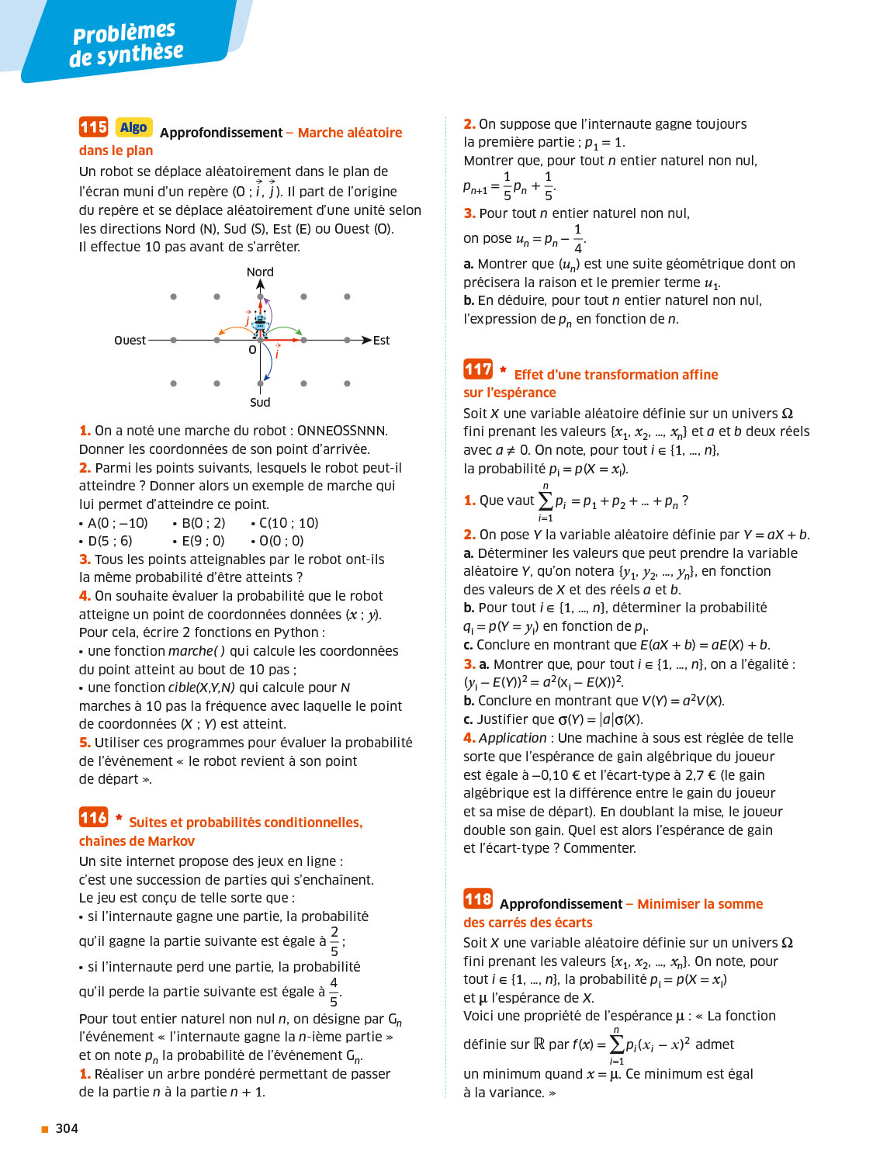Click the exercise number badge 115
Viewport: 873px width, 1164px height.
[x=93, y=126]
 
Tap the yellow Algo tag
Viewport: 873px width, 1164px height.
[x=133, y=127]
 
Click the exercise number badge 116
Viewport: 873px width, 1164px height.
[x=93, y=817]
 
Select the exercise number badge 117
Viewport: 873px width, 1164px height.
[x=478, y=369]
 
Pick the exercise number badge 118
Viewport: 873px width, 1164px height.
[x=478, y=899]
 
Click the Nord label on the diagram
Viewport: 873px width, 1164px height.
[x=260, y=272]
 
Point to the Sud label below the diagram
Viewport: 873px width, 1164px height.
[x=260, y=402]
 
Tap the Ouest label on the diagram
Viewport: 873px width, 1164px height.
[x=130, y=341]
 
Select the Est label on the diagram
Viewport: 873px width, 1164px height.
[x=381, y=341]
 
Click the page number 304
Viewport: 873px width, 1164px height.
[x=67, y=1128]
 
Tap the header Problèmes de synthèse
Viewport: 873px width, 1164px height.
[x=126, y=44]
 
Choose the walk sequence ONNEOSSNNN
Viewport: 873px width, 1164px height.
[x=341, y=431]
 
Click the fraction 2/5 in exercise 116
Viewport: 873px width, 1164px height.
[x=334, y=941]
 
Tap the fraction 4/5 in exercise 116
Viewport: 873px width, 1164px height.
[x=334, y=992]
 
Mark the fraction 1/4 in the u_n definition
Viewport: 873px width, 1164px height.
[x=577, y=239]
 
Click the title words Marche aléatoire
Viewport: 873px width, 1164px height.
[x=350, y=133]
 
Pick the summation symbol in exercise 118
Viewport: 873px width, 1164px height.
[x=616, y=1044]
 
